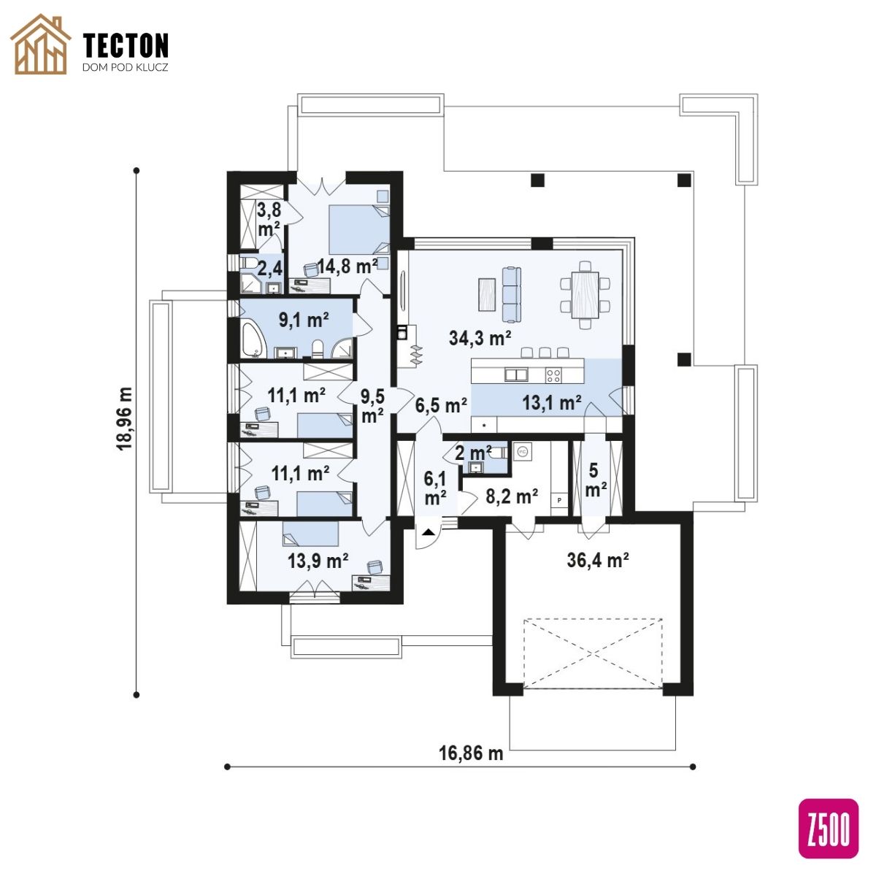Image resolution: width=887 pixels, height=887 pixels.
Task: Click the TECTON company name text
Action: coord(126,45)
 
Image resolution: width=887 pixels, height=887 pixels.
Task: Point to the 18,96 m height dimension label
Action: coord(125,418)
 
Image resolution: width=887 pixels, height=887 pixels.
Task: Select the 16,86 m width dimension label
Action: coord(471,753)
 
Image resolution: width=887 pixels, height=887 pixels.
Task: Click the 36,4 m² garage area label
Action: coord(598,560)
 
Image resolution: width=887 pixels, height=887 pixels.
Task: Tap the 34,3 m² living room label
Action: coord(480,338)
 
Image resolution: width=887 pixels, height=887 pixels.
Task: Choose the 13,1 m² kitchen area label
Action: coord(551,403)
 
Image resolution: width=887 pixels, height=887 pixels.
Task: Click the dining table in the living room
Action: coord(585,295)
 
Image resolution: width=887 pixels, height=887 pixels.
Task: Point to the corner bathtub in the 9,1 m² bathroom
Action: coord(252,340)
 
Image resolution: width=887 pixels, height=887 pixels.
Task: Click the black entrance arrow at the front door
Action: coord(428,532)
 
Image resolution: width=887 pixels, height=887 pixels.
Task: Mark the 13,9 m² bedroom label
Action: coord(318,561)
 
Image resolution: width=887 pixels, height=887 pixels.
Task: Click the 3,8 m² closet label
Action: coord(269,219)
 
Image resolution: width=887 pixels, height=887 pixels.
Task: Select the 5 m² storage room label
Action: coord(596,480)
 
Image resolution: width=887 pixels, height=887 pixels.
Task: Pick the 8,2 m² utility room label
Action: coord(512,496)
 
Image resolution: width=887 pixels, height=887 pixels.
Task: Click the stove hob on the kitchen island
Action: coord(553,376)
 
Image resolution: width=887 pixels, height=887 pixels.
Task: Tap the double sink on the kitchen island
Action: coord(516,375)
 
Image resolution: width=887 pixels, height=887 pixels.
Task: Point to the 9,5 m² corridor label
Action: coord(372,405)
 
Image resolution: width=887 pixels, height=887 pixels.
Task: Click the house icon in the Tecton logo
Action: coord(40,45)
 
